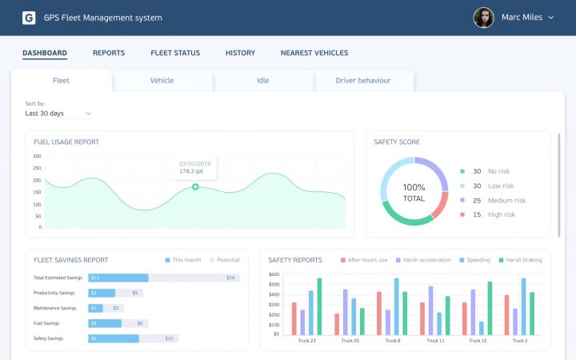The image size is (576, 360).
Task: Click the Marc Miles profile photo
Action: pos(483,18)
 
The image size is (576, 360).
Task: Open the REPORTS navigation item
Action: pos(109,54)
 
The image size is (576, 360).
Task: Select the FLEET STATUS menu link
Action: pos(175,54)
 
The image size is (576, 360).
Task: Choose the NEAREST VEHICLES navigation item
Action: pos(314,54)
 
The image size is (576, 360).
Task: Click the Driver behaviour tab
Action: pos(363,81)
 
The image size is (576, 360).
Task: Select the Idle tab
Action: pos(263,81)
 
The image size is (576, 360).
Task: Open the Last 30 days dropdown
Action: pos(58,114)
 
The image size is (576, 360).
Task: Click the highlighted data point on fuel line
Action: pos(195,186)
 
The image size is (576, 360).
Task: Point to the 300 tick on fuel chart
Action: pos(37,156)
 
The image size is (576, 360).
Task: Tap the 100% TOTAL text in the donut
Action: pos(414,192)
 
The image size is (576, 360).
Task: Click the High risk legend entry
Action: pos(506,214)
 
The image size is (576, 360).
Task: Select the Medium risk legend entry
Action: pos(506,200)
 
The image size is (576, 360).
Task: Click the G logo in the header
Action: pos(29,18)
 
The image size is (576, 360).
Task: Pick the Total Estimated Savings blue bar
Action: pos(118,278)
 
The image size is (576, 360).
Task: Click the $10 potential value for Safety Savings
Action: pos(169,338)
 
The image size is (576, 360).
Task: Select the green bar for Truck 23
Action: pos(319,306)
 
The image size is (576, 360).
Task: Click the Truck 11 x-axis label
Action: pos(436,341)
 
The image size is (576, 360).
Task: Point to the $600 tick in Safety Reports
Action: pos(274,274)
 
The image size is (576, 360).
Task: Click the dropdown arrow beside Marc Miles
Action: pos(551,18)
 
